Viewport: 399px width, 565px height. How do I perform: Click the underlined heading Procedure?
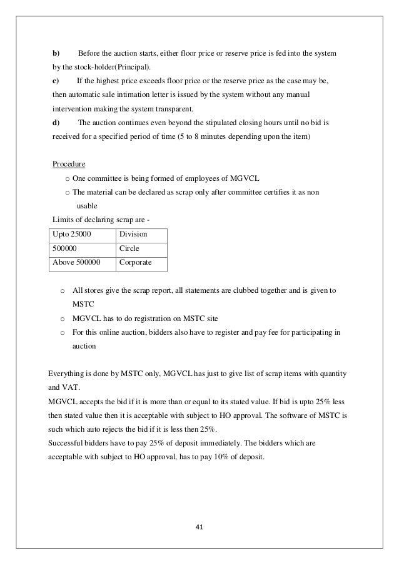(68, 165)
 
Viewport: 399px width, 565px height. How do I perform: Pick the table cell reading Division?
(133, 234)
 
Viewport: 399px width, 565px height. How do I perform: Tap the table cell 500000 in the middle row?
(66, 248)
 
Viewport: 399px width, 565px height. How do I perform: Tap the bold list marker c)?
(56, 81)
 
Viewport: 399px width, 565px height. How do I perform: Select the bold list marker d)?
(56, 122)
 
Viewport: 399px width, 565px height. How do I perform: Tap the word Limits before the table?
(62, 218)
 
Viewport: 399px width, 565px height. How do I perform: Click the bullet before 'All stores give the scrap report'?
(62, 291)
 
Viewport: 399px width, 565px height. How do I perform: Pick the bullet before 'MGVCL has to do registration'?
(62, 318)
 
